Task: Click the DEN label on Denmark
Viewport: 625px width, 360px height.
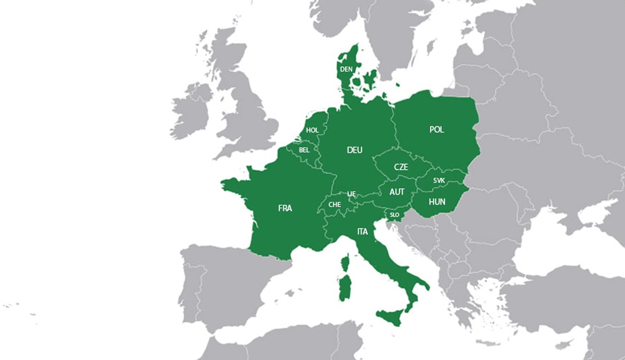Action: tap(346, 69)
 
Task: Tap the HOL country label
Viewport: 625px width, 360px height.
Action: tap(312, 130)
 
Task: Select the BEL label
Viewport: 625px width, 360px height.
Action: tap(304, 150)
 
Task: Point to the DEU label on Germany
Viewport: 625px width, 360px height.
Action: tap(354, 150)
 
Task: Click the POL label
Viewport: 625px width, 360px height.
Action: tap(437, 130)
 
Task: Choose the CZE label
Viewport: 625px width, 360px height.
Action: tap(400, 167)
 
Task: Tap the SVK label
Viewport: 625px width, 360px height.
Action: tap(438, 181)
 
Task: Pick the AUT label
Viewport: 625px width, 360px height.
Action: tap(397, 192)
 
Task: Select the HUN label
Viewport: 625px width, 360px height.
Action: tap(437, 202)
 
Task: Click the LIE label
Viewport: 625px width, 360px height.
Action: tap(351, 194)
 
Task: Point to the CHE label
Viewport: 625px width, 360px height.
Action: tap(335, 205)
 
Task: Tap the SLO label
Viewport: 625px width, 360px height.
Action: tap(394, 214)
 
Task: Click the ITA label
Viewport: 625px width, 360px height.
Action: tap(362, 232)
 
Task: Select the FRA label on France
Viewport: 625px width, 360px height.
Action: tap(285, 208)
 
